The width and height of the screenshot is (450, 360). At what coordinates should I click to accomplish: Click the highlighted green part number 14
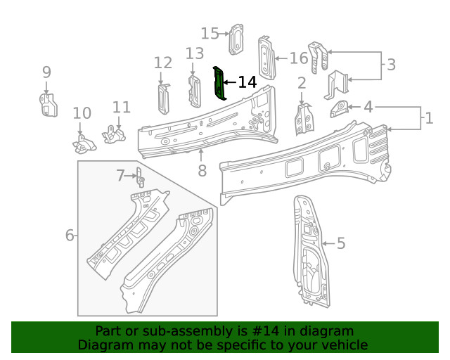point(219,84)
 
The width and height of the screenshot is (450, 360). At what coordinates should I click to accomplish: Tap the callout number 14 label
point(247,82)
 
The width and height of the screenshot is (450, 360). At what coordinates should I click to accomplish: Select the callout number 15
point(210,33)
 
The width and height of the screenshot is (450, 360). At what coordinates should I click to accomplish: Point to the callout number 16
point(299,58)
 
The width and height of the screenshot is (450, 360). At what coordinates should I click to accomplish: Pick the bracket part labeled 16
point(266,57)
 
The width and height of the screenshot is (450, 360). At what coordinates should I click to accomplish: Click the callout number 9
point(46,72)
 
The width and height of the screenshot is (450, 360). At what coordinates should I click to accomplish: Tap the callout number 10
point(82,113)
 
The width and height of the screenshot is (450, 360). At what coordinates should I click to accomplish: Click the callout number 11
point(122,107)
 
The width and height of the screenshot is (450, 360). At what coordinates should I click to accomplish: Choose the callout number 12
point(162,63)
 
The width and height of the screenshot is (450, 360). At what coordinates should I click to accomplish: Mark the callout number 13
point(195,53)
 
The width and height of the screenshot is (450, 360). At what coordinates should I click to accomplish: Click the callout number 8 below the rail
point(202,170)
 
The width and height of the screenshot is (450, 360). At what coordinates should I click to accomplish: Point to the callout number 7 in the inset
point(120,175)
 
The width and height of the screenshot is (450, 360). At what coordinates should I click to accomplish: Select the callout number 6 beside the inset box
point(70,235)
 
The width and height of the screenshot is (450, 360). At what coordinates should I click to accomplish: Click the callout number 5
point(341,243)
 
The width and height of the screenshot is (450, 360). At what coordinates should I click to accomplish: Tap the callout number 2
point(302,84)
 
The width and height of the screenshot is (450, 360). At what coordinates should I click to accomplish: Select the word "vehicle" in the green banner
point(344,345)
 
